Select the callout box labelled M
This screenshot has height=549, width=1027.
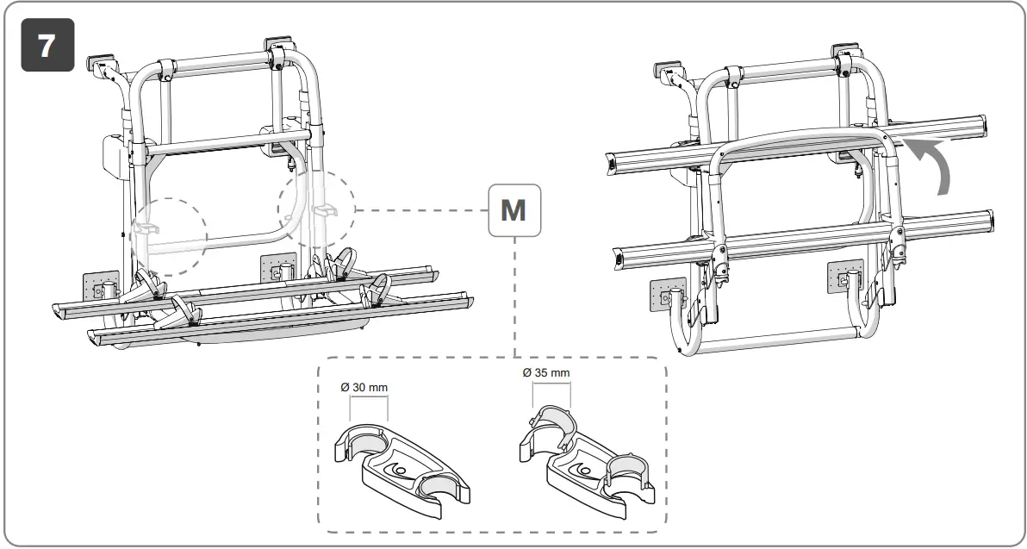click(513, 209)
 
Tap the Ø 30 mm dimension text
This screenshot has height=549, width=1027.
click(365, 387)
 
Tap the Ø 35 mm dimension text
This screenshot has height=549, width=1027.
click(546, 373)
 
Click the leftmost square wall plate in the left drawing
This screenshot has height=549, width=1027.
click(99, 288)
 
